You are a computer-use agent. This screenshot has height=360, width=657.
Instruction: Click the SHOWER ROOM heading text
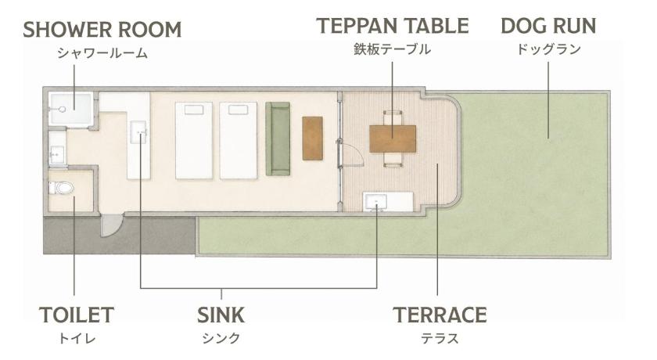(102, 30)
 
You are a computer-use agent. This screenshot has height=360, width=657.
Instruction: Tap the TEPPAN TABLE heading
(393, 26)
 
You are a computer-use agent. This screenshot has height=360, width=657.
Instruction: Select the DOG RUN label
(548, 26)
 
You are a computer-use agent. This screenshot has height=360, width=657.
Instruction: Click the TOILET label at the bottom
(77, 315)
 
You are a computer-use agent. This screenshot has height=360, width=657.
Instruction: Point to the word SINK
(221, 315)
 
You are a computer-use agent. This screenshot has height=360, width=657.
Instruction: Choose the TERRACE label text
(440, 315)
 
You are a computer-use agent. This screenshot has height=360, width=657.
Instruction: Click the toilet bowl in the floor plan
(61, 187)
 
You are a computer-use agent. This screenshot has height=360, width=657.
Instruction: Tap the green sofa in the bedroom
(278, 139)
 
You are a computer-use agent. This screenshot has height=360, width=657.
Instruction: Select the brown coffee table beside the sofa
(313, 139)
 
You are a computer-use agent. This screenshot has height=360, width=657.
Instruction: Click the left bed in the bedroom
(194, 140)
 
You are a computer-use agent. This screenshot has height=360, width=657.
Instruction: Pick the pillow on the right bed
(238, 110)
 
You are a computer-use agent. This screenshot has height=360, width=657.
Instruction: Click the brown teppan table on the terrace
(393, 139)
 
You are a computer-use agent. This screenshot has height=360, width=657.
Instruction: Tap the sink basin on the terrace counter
(376, 203)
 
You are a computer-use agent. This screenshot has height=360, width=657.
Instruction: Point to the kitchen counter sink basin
(138, 132)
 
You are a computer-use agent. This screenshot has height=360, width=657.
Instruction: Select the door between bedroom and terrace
(351, 155)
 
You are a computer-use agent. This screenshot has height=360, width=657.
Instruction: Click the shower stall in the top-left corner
(70, 109)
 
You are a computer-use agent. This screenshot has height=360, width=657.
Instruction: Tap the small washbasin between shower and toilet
(56, 154)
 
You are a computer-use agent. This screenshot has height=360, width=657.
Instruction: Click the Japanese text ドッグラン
(548, 49)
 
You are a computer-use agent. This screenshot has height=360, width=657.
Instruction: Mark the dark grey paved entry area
(120, 236)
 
